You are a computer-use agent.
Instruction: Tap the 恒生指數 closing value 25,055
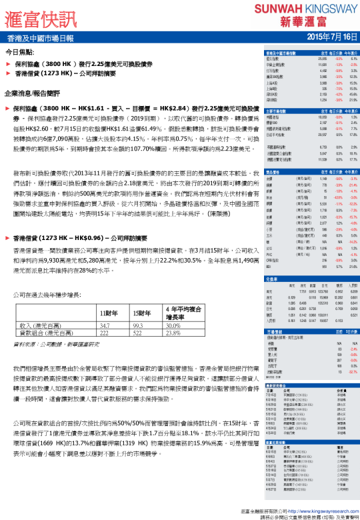[321, 59]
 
